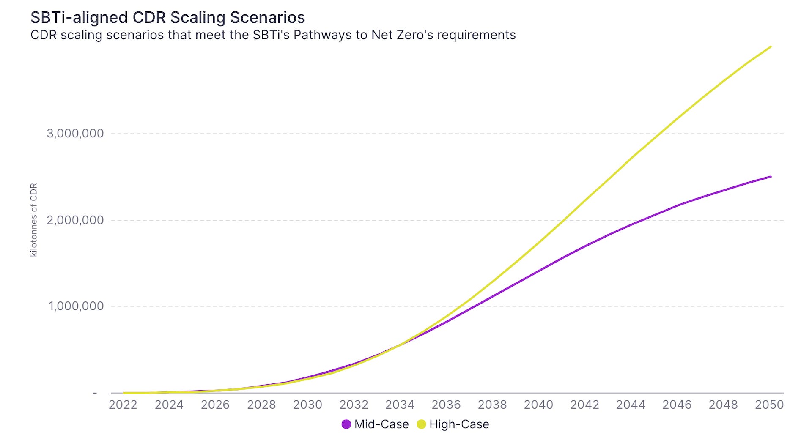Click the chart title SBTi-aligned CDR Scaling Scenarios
click(x=167, y=17)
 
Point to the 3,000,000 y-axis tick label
click(x=75, y=134)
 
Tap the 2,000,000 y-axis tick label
click(x=75, y=220)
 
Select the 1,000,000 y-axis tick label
click(x=76, y=306)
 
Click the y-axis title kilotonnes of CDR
click(x=34, y=220)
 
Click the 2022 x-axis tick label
click(x=123, y=405)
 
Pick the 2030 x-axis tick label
click(x=307, y=405)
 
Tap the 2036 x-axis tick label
click(x=446, y=405)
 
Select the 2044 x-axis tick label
click(x=631, y=405)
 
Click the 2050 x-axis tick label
click(x=769, y=405)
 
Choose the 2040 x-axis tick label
click(x=538, y=405)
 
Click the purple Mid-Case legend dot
click(x=346, y=424)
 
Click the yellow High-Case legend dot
click(x=421, y=424)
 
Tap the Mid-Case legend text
click(x=381, y=424)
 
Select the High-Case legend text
click(x=459, y=424)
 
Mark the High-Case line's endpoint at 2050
click(x=771, y=46)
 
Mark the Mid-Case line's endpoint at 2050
click(x=771, y=176)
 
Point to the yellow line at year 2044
click(x=631, y=158)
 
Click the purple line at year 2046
click(x=677, y=206)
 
